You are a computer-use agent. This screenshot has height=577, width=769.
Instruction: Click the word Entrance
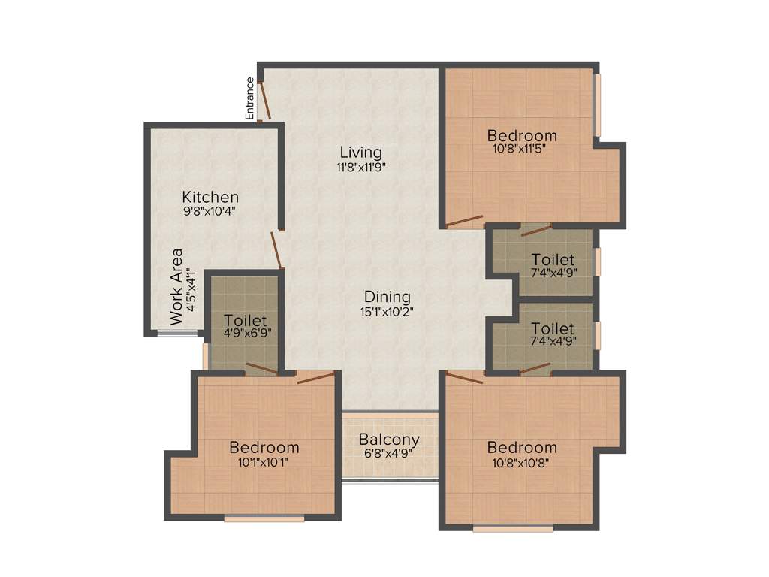(x=249, y=98)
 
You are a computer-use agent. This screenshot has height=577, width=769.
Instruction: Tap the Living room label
(x=360, y=153)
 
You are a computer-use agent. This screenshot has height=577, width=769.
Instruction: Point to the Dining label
(x=387, y=296)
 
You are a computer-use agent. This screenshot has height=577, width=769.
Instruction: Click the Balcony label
(x=389, y=440)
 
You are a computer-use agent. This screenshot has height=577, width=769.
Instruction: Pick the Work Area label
(x=176, y=286)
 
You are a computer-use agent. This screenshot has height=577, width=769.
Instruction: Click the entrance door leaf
(x=264, y=101)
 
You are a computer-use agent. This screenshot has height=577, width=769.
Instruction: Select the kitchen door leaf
(x=276, y=249)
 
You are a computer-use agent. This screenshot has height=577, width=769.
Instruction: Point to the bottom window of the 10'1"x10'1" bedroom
(x=264, y=517)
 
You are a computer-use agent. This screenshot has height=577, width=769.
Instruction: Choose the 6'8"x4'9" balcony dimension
(x=389, y=453)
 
